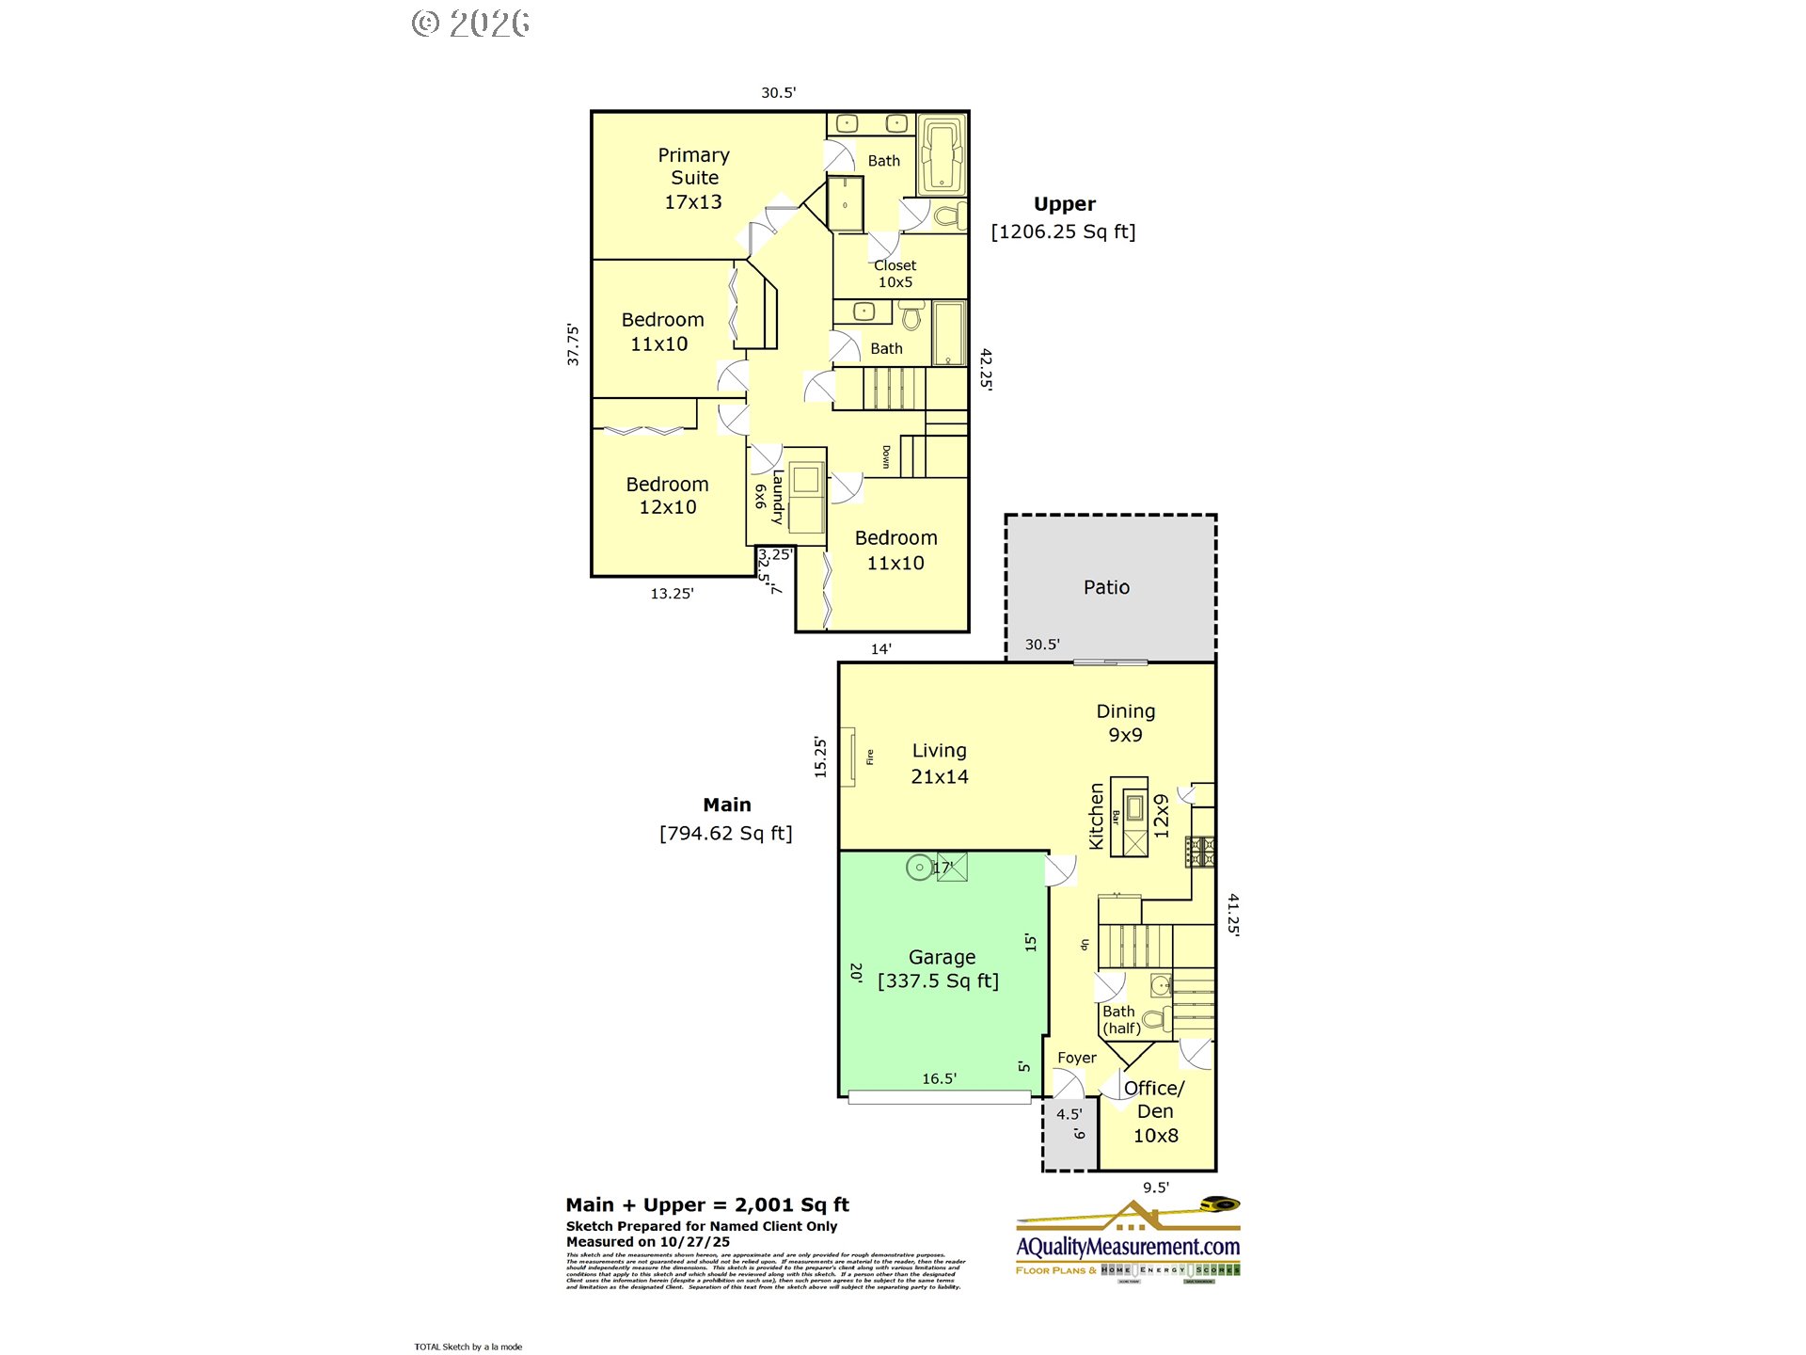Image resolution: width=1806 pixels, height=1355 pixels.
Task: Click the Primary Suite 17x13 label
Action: click(x=693, y=178)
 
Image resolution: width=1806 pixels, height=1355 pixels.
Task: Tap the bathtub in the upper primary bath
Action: click(x=942, y=154)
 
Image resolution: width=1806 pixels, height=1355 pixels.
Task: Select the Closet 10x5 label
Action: click(x=895, y=274)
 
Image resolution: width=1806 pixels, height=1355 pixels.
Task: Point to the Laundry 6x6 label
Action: click(x=768, y=497)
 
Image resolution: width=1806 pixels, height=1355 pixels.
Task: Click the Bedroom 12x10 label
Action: click(x=667, y=496)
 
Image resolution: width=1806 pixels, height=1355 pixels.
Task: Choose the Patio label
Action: click(x=1106, y=587)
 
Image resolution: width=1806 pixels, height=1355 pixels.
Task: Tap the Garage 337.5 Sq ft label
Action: click(x=940, y=969)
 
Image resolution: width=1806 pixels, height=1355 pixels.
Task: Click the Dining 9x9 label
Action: click(x=1125, y=723)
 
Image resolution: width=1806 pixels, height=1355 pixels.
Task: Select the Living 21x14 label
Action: click(x=939, y=763)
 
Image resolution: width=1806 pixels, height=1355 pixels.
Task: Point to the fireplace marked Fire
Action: click(x=848, y=757)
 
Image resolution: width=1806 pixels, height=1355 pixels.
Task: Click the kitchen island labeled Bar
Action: click(x=1129, y=816)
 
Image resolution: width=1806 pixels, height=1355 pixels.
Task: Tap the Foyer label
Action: click(x=1076, y=1058)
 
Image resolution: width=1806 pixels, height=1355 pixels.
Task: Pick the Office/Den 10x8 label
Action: click(x=1154, y=1111)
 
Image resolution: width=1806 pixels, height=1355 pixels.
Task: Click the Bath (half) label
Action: click(x=1120, y=1019)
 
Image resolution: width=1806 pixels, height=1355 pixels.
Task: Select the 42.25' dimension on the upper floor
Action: click(x=986, y=368)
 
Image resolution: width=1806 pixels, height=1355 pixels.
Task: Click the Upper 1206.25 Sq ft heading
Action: click(x=1063, y=217)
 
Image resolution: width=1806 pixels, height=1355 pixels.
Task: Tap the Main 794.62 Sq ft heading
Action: click(x=726, y=819)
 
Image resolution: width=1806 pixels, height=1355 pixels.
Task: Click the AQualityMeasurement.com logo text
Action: click(x=1128, y=1246)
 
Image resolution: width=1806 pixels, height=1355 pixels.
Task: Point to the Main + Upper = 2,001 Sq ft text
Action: click(x=707, y=1204)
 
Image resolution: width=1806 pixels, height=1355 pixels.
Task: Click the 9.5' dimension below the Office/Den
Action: click(x=1155, y=1188)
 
